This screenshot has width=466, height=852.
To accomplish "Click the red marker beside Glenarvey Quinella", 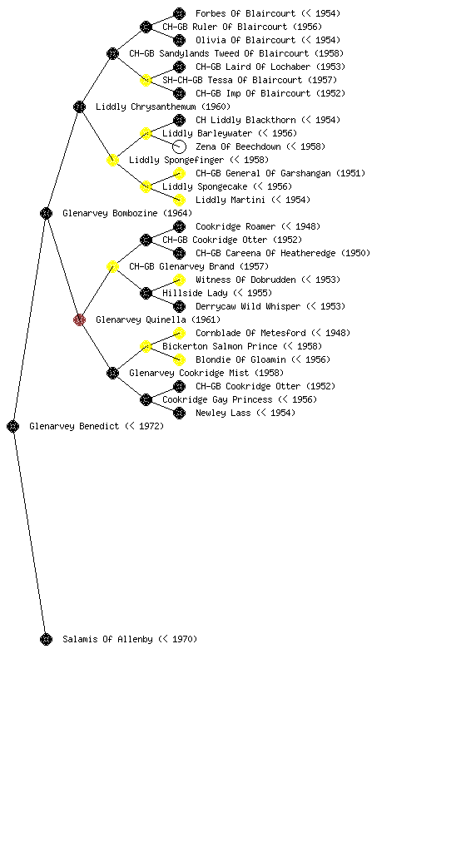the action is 79,319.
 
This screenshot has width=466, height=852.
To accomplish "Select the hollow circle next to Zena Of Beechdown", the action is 179,146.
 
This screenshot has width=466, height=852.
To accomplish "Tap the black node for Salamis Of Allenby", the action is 46,639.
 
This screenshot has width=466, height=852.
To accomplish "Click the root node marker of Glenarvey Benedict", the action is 13,426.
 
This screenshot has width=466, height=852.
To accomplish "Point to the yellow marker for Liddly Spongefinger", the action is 112,160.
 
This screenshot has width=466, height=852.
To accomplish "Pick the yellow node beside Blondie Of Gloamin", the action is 179,359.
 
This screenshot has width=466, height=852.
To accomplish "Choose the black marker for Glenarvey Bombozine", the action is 46,213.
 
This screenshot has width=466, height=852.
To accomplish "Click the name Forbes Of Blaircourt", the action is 245,13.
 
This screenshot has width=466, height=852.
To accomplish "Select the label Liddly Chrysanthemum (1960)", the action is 163,106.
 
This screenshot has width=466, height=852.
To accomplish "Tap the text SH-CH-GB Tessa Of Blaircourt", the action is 232,80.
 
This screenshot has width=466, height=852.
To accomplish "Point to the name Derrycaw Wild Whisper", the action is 248,306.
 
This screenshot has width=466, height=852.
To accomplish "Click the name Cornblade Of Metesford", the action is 250,333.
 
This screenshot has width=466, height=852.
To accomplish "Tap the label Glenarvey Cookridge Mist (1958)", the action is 206,373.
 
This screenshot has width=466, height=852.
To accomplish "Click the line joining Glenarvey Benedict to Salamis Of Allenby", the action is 30,532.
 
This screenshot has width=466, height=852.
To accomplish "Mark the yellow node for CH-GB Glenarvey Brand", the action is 112,266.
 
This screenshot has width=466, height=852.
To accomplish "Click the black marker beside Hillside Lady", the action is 146,294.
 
